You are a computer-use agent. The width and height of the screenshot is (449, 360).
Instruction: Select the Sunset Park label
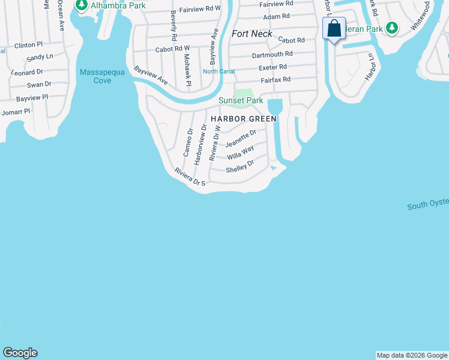[x=241, y=101]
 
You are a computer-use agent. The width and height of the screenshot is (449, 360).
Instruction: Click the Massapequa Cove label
[x=95, y=76]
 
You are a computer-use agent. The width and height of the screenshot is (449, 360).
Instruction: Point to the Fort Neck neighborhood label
[x=252, y=34]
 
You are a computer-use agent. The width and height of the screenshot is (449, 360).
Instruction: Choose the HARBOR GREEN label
[x=244, y=119]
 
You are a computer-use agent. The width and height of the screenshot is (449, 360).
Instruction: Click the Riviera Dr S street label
[x=190, y=176]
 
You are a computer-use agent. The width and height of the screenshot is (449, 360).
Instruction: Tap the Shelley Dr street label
[x=240, y=166]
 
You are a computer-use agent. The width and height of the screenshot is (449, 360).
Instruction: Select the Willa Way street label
[x=240, y=152]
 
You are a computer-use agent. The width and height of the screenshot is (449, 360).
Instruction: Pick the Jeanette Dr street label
[x=241, y=139]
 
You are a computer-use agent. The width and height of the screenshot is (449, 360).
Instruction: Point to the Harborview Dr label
[x=200, y=145]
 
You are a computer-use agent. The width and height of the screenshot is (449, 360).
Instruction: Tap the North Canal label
[x=218, y=72]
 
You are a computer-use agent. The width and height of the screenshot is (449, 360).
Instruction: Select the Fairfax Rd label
[x=276, y=79]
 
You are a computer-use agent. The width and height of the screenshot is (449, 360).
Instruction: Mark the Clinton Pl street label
[x=29, y=45]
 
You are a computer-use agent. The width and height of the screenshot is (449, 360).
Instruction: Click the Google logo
[x=20, y=353]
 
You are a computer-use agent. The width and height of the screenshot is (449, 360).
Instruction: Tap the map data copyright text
[x=412, y=355]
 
